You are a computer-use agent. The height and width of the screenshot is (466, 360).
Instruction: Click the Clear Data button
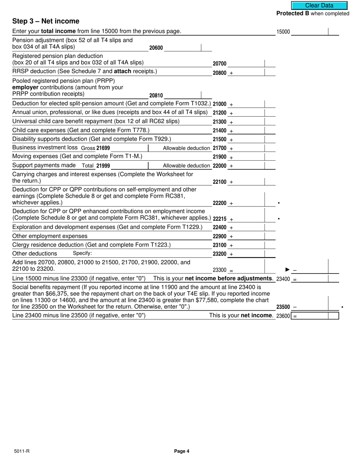[319, 5]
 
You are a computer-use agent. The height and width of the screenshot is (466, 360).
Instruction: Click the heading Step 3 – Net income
[46, 21]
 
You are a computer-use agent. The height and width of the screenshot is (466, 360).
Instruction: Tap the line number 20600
[156, 48]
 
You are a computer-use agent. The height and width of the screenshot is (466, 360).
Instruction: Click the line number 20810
[156, 96]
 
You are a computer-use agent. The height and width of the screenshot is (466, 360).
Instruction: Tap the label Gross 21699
[95, 148]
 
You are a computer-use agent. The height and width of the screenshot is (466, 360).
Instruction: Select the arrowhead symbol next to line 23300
[288, 270]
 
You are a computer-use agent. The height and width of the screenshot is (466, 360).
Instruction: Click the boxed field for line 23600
[315, 316]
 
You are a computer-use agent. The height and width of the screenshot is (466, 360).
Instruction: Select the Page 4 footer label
[182, 451]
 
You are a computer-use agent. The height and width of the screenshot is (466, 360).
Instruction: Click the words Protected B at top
[293, 14]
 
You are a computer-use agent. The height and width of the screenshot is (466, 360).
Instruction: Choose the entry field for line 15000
[309, 32]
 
